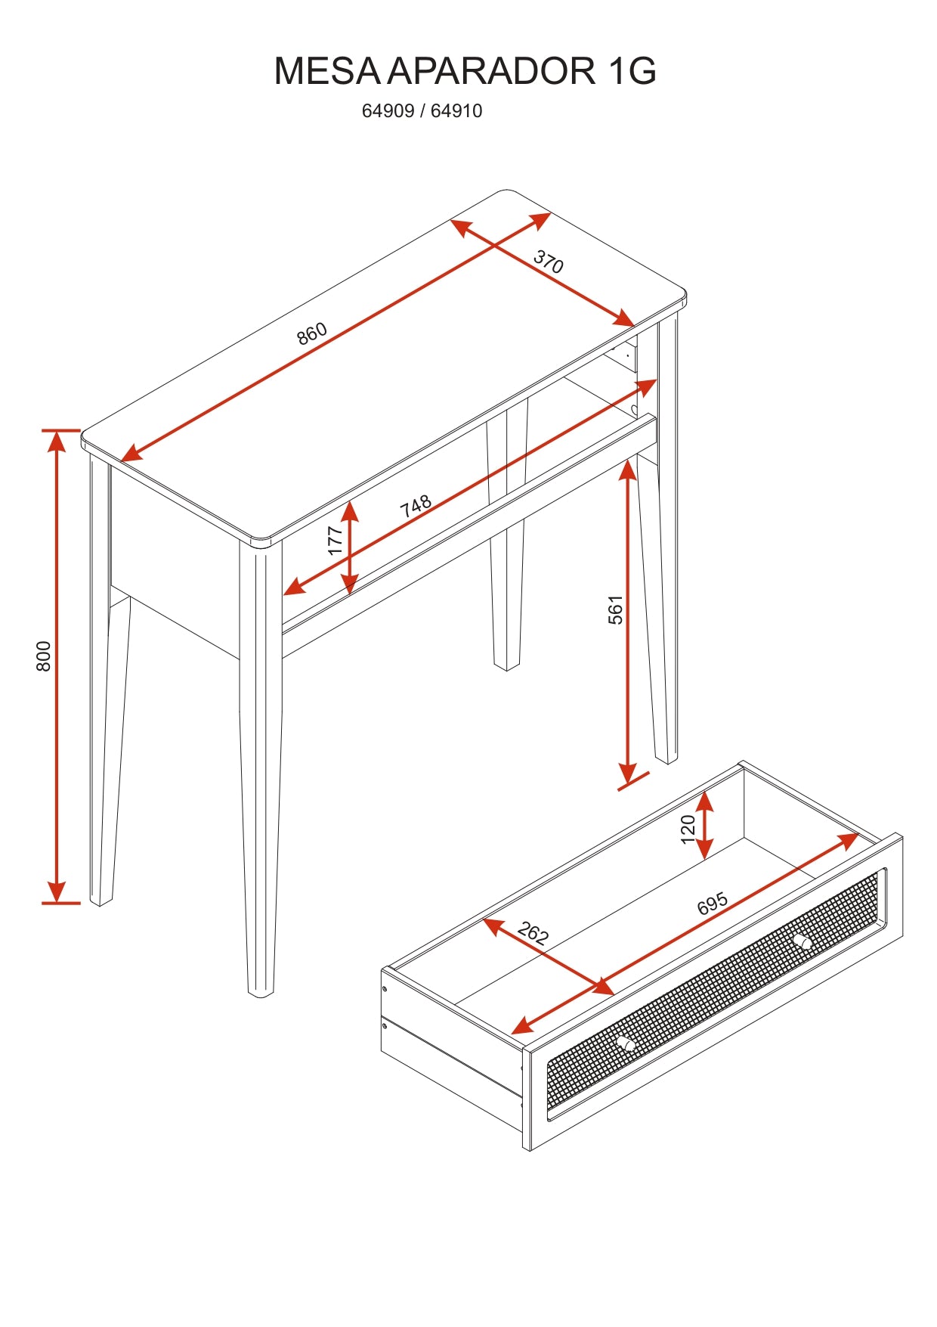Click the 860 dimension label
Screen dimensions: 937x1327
311,333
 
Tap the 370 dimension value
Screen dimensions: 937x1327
549,262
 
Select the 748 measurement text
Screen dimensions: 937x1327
416,506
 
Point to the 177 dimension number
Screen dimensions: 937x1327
336,541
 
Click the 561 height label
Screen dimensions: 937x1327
616,609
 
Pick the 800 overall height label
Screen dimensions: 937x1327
44,656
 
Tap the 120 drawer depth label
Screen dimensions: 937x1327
688,829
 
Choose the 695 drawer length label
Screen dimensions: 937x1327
712,903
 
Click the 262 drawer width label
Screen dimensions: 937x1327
533,934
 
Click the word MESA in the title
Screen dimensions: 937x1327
327,70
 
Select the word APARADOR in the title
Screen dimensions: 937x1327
492,70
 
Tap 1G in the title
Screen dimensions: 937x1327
631,70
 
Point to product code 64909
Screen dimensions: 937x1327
388,111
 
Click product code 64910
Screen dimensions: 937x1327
456,111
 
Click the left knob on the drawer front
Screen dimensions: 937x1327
625,1043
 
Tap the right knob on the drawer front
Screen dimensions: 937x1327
802,941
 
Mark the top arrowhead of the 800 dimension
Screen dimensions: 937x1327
57,440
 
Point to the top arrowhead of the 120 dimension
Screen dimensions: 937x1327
704,801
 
